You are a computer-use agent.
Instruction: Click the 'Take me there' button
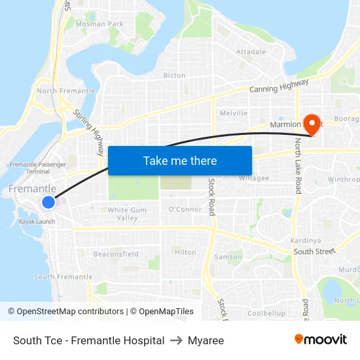(180, 160)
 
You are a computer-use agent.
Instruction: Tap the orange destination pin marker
(313, 122)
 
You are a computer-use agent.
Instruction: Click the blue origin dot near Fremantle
(48, 202)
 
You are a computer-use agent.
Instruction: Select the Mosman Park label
(99, 24)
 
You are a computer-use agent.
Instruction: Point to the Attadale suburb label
(251, 52)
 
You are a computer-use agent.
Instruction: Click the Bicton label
(174, 75)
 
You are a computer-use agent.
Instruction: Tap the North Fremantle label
(66, 91)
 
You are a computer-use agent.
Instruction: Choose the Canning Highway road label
(279, 87)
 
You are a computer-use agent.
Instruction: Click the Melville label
(234, 113)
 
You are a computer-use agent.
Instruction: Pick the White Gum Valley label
(123, 213)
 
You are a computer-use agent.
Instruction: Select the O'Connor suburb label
(185, 209)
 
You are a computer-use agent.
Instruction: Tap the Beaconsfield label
(116, 254)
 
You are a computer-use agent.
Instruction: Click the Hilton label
(185, 252)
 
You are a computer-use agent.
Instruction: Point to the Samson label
(228, 257)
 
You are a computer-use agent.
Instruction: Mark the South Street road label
(314, 251)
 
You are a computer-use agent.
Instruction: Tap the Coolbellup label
(266, 314)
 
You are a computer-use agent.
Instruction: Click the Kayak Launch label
(37, 221)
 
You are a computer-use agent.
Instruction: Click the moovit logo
(321, 340)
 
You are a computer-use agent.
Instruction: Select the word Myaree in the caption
(206, 340)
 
